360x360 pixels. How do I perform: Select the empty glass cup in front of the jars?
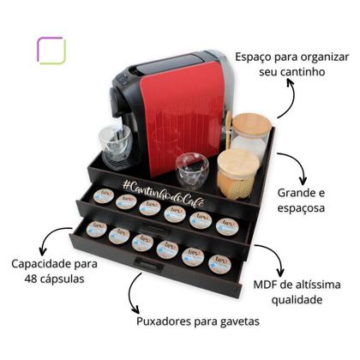tap(191, 170)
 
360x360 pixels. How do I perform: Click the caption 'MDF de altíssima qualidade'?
tap(299, 291)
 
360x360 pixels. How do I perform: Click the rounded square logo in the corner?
tap(51, 51)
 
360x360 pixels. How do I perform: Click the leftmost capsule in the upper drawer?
tap(103, 196)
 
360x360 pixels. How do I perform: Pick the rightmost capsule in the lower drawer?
tap(220, 262)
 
